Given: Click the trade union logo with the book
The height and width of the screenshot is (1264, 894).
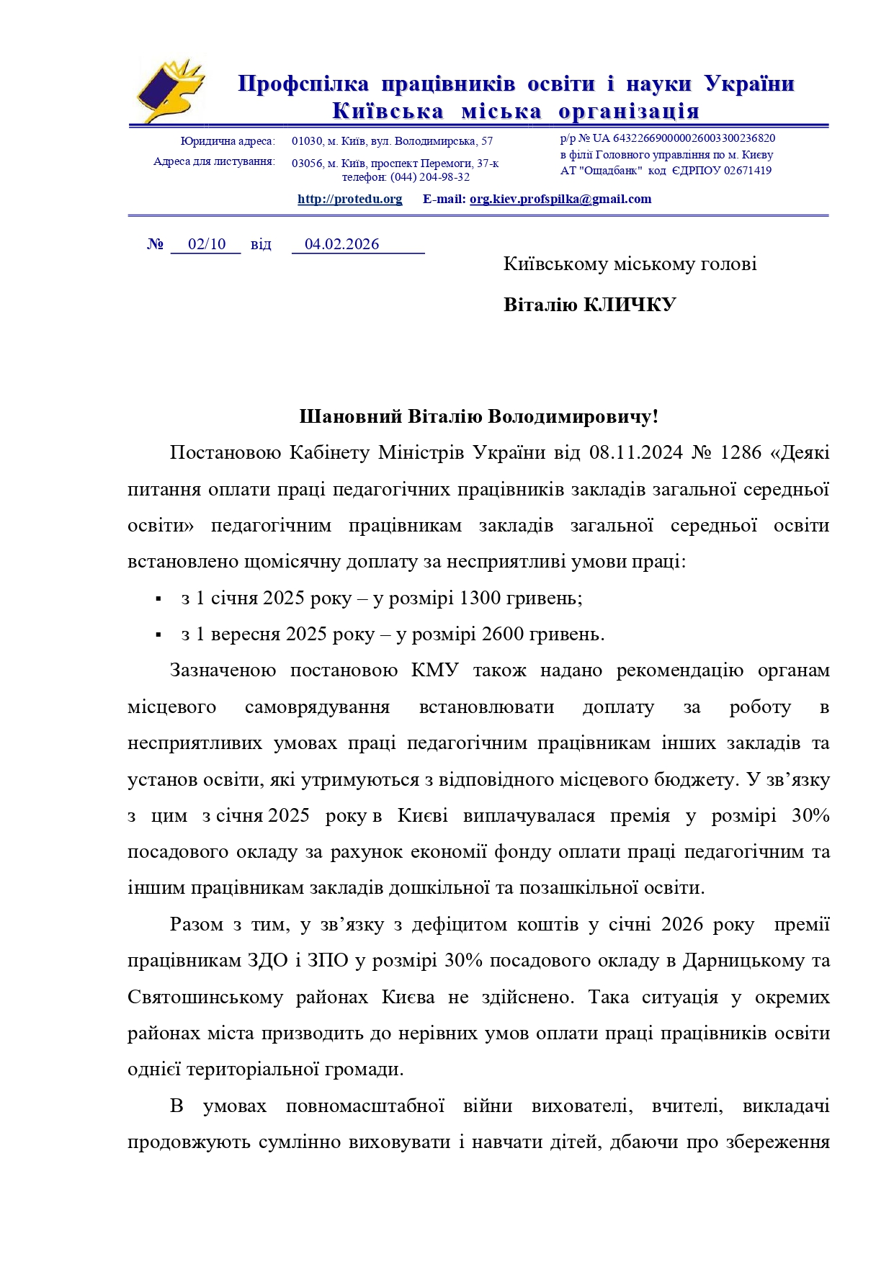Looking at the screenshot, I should (170, 92).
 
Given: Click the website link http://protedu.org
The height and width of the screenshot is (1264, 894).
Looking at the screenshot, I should (349, 200).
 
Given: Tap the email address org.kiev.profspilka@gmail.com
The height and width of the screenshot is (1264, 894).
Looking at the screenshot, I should (560, 200).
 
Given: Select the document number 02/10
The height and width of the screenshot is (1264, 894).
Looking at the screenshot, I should (207, 244).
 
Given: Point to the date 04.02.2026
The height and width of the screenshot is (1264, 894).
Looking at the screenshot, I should (341, 244).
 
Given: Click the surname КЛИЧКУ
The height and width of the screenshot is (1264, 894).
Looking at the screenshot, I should (629, 305).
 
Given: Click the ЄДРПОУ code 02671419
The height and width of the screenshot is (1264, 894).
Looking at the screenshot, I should (747, 171).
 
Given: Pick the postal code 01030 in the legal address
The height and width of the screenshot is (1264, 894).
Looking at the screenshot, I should (307, 141).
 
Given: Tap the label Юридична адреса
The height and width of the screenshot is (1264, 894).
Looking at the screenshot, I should (227, 141).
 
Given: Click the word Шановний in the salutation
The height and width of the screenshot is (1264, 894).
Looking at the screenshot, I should (350, 417).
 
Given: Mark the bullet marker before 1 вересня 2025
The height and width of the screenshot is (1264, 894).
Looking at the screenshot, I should (158, 635).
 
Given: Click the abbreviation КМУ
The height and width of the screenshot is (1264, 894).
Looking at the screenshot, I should (434, 671).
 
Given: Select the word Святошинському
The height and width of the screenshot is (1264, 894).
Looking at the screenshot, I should (205, 998).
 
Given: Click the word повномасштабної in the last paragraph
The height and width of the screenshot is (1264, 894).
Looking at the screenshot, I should (365, 1106).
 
